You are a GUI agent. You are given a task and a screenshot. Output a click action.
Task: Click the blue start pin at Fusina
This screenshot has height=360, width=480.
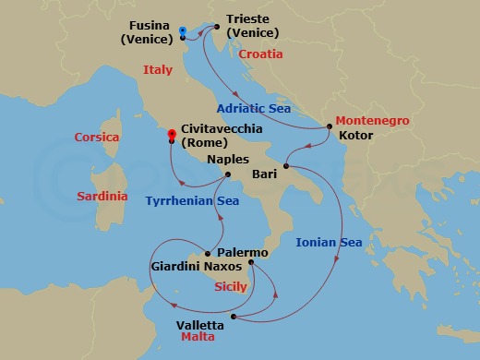(182, 32)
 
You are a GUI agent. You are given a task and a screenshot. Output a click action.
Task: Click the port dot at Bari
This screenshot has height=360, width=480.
(286, 167)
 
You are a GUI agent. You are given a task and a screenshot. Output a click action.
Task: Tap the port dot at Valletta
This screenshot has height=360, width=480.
(234, 318)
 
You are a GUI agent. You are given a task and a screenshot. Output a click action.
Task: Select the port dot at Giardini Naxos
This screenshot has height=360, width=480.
(209, 254)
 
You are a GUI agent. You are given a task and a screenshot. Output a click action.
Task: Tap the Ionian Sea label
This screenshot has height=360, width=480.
(329, 243)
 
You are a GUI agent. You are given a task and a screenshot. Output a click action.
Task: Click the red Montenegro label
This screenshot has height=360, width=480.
(372, 120)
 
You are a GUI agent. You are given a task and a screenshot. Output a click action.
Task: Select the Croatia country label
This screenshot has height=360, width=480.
(260, 54)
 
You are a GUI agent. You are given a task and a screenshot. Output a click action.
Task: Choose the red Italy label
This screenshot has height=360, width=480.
(158, 70)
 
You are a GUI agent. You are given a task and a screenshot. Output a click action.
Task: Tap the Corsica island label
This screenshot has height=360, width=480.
(97, 138)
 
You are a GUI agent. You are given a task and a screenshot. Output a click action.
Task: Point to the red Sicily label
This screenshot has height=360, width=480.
(230, 287)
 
